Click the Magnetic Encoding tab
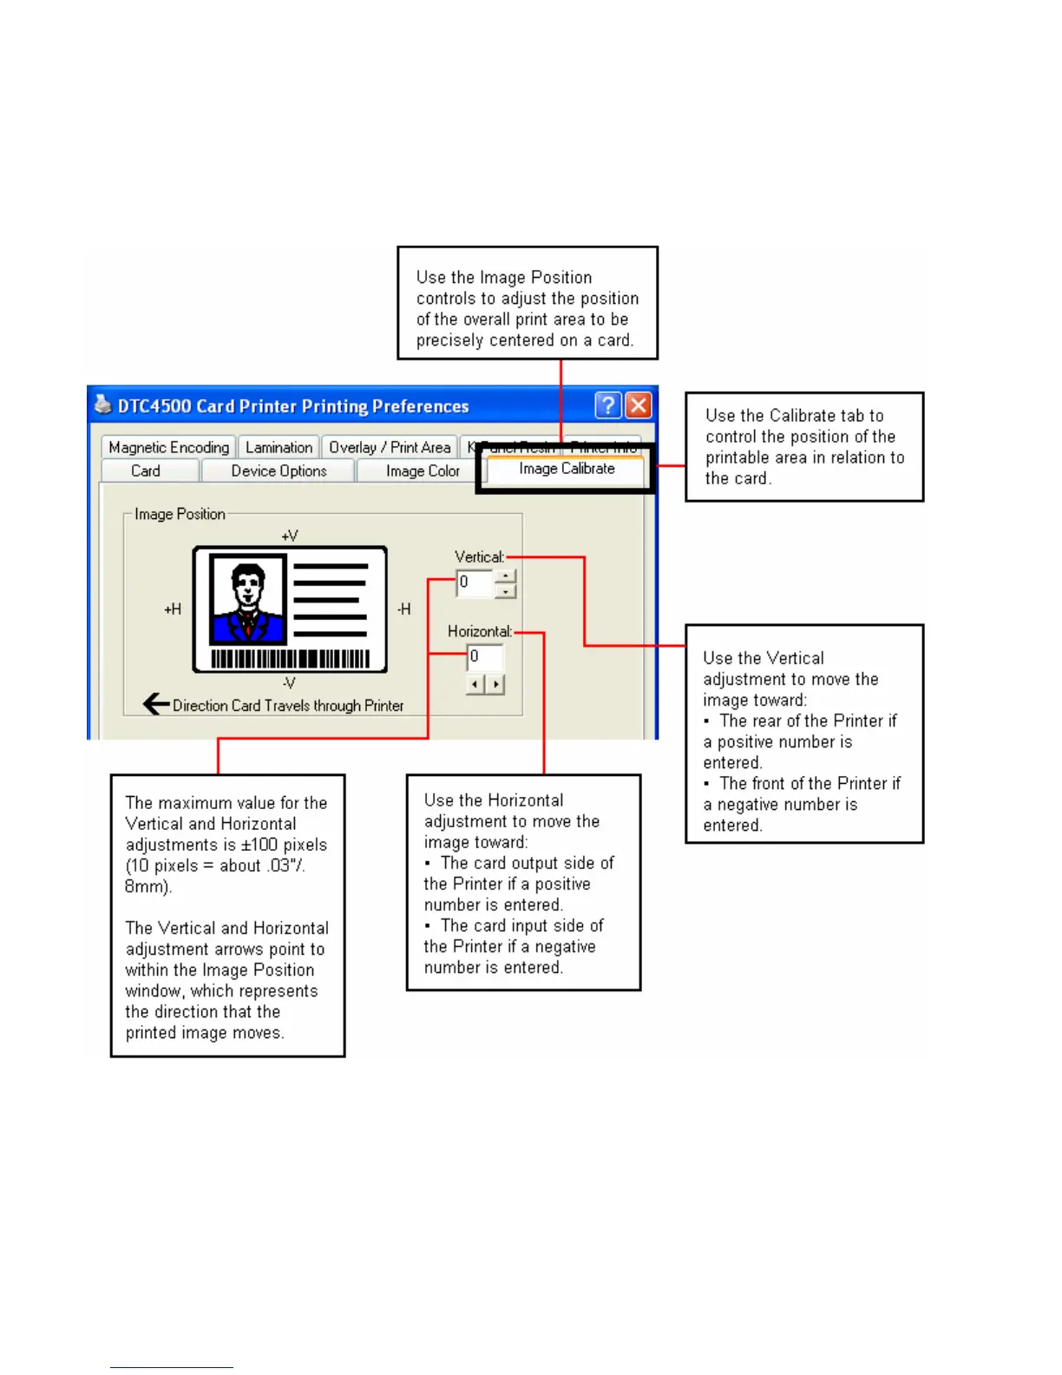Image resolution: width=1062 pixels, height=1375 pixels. click(168, 447)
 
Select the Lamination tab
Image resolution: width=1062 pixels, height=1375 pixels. click(279, 447)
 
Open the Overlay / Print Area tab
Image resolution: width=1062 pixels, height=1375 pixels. click(390, 447)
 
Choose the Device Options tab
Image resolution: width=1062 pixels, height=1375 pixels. click(279, 470)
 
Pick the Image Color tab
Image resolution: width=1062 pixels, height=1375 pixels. click(423, 470)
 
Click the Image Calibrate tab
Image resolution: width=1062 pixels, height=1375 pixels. click(567, 469)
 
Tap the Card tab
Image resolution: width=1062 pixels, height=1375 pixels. click(146, 470)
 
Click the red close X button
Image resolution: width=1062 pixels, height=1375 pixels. click(639, 405)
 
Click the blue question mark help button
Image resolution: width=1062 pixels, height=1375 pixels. click(608, 405)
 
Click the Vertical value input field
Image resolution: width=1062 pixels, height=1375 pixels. click(475, 582)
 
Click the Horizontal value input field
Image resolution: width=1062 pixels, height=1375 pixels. click(485, 657)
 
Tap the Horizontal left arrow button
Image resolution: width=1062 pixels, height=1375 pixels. click(475, 685)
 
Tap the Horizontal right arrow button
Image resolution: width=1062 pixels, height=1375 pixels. click(495, 685)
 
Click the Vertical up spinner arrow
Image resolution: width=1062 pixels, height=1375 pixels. click(506, 576)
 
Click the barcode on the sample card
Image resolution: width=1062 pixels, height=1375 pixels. click(290, 658)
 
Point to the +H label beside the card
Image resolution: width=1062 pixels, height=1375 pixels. click(173, 609)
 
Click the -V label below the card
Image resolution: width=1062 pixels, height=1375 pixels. click(289, 682)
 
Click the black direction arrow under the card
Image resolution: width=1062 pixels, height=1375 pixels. click(156, 704)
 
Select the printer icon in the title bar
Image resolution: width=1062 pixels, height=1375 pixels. click(103, 405)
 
